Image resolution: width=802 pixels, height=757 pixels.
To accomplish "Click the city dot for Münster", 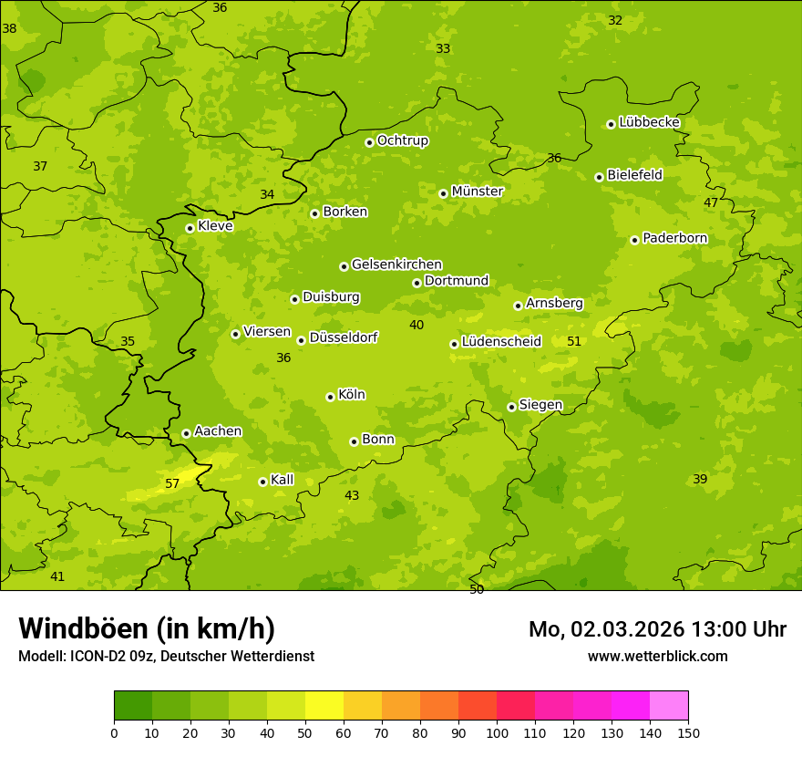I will (x=443, y=193).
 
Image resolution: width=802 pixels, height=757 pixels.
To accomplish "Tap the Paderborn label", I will (x=674, y=238).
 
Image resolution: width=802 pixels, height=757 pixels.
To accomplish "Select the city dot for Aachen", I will (x=186, y=433).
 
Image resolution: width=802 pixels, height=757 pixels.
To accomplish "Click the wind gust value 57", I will (x=172, y=483).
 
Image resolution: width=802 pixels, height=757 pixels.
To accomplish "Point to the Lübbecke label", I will (x=649, y=122).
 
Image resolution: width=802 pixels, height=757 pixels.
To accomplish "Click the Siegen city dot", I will (x=511, y=407).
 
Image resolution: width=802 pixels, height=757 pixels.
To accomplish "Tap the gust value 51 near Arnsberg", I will (x=574, y=341).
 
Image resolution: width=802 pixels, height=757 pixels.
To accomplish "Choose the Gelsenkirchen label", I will (x=396, y=264).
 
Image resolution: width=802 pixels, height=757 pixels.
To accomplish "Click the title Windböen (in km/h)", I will (x=147, y=628).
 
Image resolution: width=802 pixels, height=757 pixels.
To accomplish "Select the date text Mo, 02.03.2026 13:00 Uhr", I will (x=657, y=629).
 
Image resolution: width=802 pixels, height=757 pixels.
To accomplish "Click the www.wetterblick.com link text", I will (x=657, y=656).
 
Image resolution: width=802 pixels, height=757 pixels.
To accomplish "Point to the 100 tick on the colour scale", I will (x=497, y=732).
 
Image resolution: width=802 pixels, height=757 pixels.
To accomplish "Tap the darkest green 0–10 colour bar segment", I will (x=133, y=706).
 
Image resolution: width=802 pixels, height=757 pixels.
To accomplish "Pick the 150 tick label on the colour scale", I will (x=688, y=732).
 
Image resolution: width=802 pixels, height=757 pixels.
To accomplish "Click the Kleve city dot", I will (x=190, y=228).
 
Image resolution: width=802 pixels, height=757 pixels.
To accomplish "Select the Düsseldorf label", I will (x=343, y=337).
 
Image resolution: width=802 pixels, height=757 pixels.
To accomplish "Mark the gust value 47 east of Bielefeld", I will (x=710, y=202).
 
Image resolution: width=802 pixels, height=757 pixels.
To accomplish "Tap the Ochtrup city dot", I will (x=369, y=142).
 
